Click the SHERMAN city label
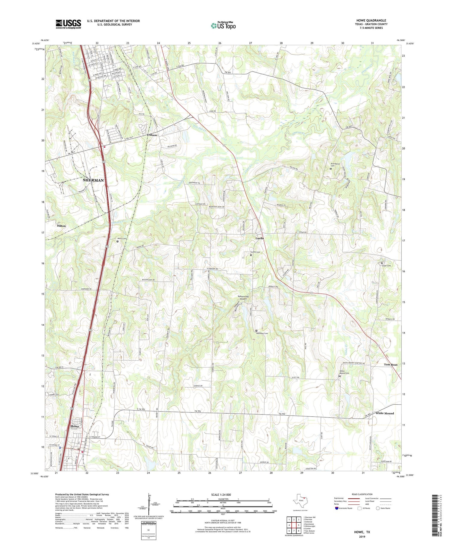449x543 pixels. click(93, 180)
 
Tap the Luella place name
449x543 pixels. click(260, 238)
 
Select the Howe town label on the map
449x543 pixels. click(75, 426)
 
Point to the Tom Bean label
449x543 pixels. click(391, 365)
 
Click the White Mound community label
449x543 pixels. click(385, 413)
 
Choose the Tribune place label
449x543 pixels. click(152, 135)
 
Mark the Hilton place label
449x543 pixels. click(61, 226)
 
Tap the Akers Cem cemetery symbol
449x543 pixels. click(117, 241)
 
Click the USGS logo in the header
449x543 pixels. click(68, 24)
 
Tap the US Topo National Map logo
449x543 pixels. click(223, 25)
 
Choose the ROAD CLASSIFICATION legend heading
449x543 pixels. click(362, 494)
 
